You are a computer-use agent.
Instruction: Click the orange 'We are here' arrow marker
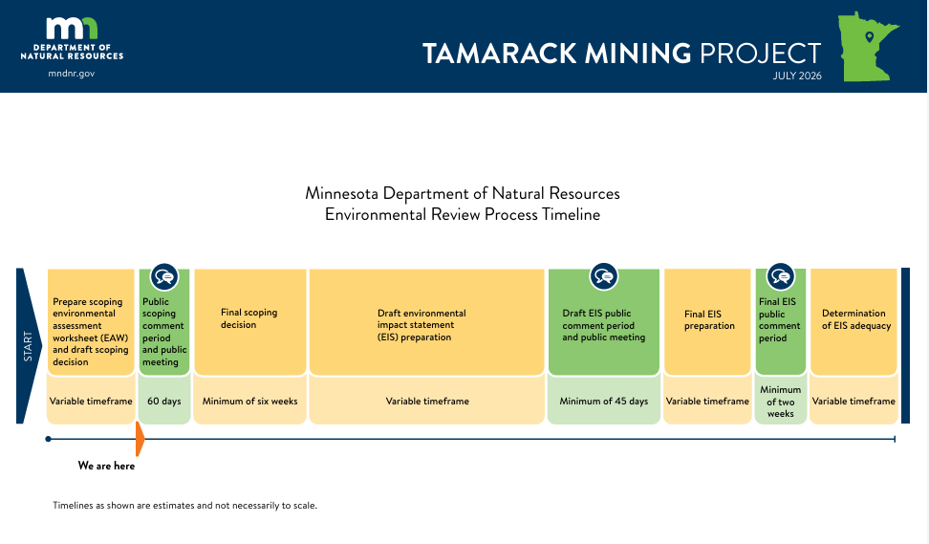click(x=140, y=439)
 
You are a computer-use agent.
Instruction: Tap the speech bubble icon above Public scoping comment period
click(x=164, y=276)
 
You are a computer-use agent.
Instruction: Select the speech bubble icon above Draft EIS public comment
click(x=604, y=276)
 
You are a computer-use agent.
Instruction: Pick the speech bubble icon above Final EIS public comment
click(x=781, y=276)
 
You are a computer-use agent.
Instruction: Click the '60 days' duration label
click(x=164, y=402)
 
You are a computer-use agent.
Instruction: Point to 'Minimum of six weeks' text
click(x=250, y=402)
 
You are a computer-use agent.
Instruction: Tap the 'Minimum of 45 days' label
click(x=604, y=402)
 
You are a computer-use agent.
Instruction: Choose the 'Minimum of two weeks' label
click(x=780, y=402)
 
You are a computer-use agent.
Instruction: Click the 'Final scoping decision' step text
click(x=248, y=318)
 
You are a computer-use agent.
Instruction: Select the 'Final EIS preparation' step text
click(x=709, y=320)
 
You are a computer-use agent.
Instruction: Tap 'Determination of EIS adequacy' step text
click(x=856, y=319)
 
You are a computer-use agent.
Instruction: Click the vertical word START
click(x=28, y=346)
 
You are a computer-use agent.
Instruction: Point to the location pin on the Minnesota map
click(x=869, y=37)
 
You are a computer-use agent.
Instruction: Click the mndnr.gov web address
click(x=72, y=74)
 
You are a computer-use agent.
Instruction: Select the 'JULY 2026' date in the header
click(x=797, y=76)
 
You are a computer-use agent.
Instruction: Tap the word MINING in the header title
click(x=637, y=54)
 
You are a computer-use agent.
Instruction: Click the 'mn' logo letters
click(x=72, y=28)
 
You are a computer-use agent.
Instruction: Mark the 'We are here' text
click(x=107, y=466)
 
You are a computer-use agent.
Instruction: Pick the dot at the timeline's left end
click(x=48, y=439)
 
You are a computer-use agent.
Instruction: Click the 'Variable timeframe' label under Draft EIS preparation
click(x=427, y=402)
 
